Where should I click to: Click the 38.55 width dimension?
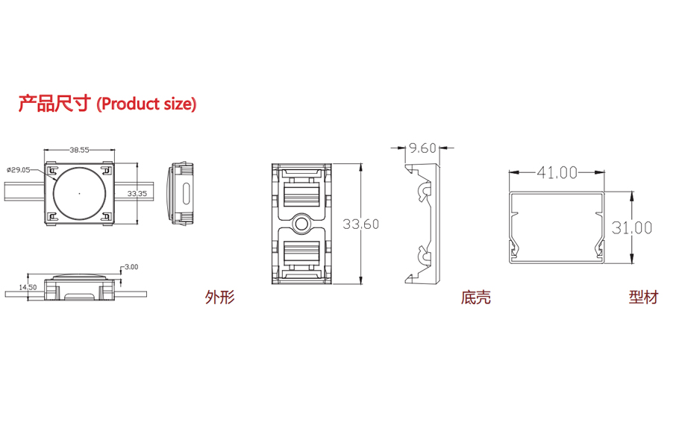click(79, 150)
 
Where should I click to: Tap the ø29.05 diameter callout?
click(18, 169)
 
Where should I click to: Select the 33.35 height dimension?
click(137, 193)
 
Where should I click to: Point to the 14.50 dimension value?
click(28, 287)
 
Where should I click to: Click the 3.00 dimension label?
click(131, 266)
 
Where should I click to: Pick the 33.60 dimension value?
click(360, 224)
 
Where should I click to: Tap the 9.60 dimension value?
click(422, 148)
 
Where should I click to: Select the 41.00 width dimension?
click(557, 173)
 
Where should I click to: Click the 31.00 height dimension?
click(632, 227)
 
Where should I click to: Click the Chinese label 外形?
click(220, 298)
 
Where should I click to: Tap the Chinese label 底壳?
click(475, 298)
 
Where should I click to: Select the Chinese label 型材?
click(643, 298)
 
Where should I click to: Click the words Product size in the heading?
click(146, 104)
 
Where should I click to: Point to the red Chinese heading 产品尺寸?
click(54, 104)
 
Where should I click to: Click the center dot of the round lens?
click(79, 193)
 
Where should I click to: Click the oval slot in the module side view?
click(187, 193)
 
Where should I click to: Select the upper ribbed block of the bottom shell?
click(301, 195)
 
